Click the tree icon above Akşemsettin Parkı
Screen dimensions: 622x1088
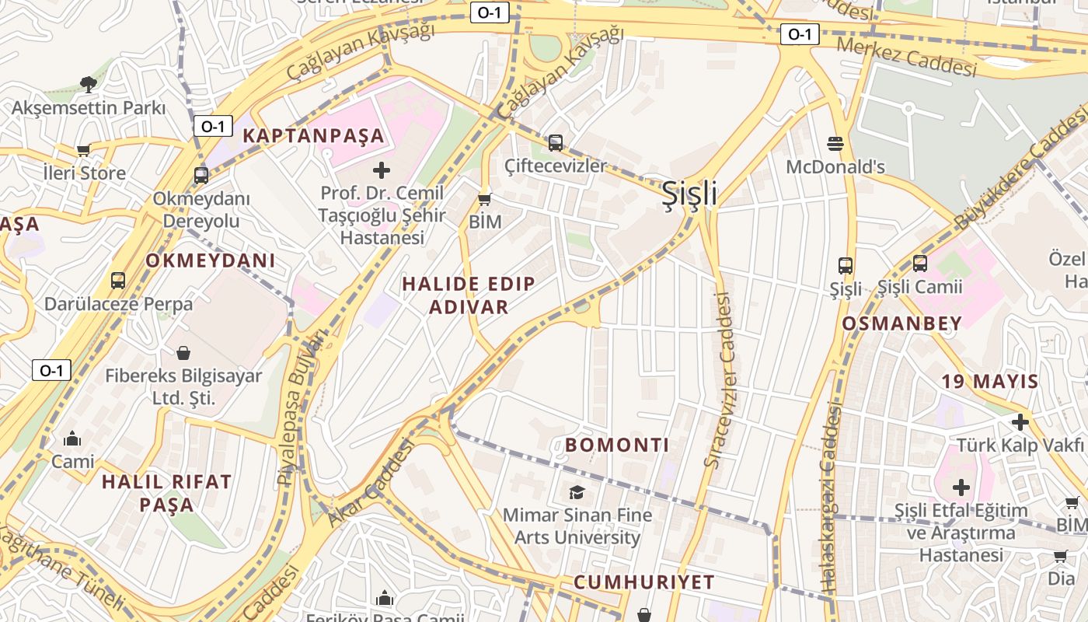[88, 83]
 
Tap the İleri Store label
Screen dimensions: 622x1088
[84, 173]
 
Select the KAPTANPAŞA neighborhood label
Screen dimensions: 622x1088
[313, 135]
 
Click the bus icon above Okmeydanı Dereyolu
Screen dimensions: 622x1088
[201, 176]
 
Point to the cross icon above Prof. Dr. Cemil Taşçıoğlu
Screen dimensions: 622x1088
[382, 169]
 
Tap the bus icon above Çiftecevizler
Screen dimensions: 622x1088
[555, 143]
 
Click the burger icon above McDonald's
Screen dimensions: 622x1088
[835, 144]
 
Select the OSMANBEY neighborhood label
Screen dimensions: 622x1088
[901, 323]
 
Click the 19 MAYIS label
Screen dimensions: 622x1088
[989, 381]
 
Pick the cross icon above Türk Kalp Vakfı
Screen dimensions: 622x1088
[1020, 422]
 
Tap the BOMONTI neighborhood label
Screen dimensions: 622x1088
[617, 445]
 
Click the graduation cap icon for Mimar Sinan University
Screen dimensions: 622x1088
[577, 492]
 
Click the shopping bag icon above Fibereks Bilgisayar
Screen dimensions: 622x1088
[183, 353]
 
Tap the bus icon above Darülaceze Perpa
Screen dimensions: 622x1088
[118, 281]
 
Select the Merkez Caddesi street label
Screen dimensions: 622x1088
[906, 57]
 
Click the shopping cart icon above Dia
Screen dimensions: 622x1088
[1061, 556]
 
